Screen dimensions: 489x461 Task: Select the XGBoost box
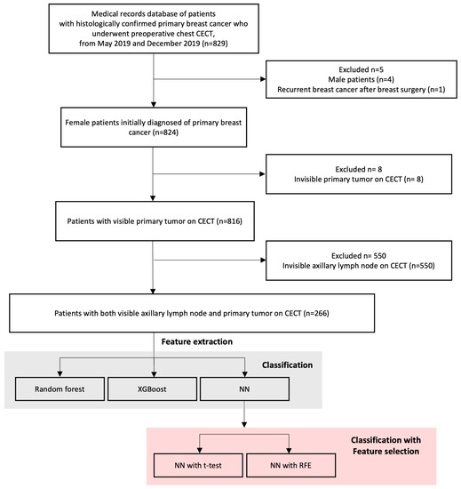[155, 388]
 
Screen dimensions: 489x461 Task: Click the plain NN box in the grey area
[244, 388]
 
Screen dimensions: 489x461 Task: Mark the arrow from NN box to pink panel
[244, 418]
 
